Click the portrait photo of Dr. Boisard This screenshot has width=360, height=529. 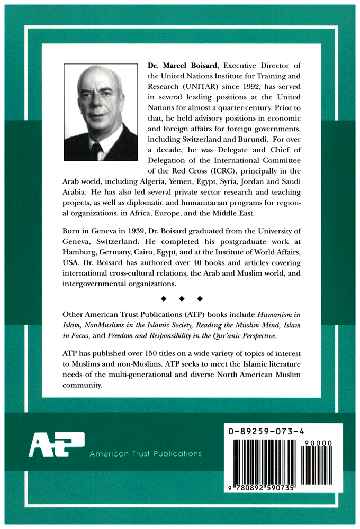[x=101, y=113]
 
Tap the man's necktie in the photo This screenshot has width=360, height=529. [x=97, y=151]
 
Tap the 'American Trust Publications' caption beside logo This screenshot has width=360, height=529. [x=146, y=454]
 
